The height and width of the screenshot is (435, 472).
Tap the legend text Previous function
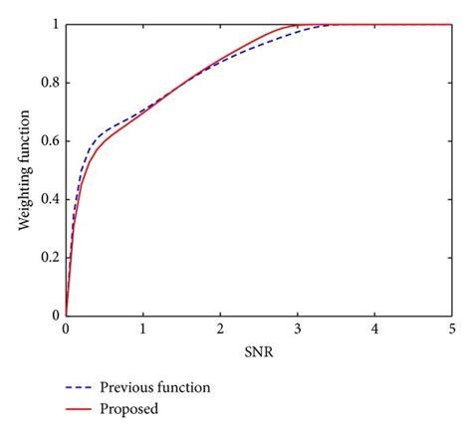coord(154,386)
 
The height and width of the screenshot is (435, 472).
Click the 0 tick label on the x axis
coord(66,327)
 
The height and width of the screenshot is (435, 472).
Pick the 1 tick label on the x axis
coord(143,327)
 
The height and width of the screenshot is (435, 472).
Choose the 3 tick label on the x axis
coord(297,327)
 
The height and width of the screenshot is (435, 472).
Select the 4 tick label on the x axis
coord(374,327)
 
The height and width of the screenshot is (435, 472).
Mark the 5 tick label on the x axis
coord(451,327)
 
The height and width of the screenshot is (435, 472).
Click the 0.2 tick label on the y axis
coord(49,257)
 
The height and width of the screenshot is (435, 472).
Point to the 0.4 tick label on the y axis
coord(49,199)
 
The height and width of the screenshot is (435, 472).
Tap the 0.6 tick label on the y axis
coord(49,140)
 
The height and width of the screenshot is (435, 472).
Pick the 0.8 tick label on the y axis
coord(49,83)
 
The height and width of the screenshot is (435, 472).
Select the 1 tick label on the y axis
coord(55,24)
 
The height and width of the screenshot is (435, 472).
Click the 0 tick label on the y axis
coord(55,316)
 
